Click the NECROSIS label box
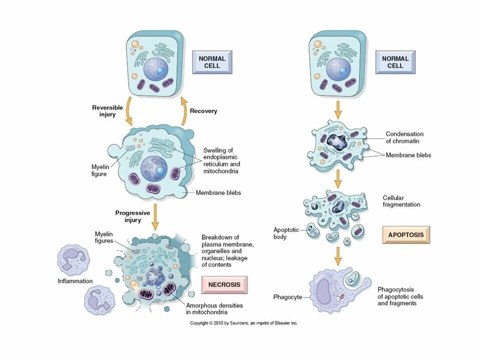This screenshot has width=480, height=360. tap(224, 285)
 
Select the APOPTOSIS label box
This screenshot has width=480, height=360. tap(405, 234)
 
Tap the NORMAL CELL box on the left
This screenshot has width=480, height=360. tap(212, 62)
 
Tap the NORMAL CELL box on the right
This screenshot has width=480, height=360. tap(395, 62)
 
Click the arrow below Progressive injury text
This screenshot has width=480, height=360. tap(155, 216)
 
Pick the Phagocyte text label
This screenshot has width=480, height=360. tap(287, 297)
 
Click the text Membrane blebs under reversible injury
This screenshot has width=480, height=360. tap(218, 192)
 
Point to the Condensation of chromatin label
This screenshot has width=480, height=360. tap(404, 137)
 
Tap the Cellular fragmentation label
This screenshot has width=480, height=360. tap(401, 201)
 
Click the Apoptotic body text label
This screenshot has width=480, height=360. tap(286, 233)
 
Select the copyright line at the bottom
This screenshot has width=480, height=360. tap(243, 323)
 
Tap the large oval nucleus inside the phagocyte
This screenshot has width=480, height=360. tap(323, 291)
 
